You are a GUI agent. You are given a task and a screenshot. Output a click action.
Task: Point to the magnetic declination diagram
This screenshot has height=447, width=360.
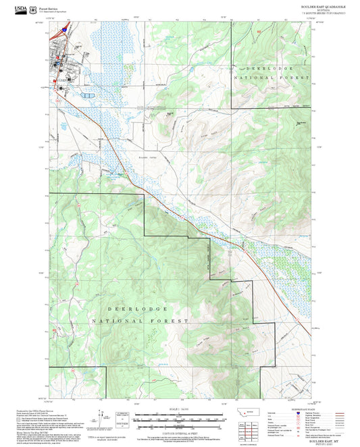(x=101, y=417)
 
